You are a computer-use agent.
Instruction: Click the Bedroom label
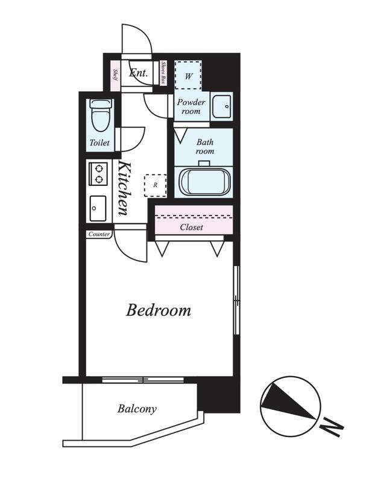pos(159,310)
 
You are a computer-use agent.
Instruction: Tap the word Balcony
pos(137,409)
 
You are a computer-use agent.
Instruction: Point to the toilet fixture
pos(101,115)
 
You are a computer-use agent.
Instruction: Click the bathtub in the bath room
pos(205,182)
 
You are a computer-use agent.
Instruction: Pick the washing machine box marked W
pos(188,75)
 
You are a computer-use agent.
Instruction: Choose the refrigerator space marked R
pos(156,185)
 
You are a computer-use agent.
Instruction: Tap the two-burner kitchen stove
pos(98,174)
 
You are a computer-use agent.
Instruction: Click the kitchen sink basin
pos(98,208)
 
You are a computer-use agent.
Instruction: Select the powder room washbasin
pos(222,106)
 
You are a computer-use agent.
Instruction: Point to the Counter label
pos(99,234)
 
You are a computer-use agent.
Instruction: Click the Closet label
pos(192,228)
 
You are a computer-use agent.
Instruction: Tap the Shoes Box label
pos(163,72)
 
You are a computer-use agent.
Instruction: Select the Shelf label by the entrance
pos(115,75)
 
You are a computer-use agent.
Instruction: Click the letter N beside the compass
pos(331,428)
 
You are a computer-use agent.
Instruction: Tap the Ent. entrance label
pos(139,73)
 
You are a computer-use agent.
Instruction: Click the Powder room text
pos(191,106)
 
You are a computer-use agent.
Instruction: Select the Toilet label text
pos(99,142)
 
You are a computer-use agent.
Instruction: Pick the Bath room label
pos(205,147)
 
